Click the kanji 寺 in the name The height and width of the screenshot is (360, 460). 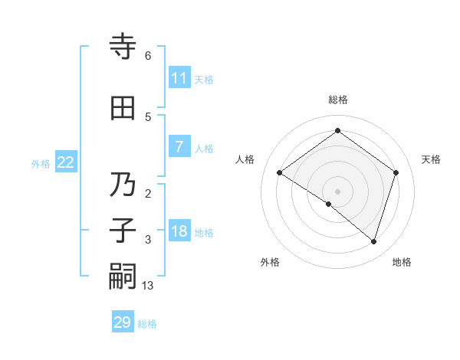123,47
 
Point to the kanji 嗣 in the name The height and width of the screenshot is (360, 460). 123,277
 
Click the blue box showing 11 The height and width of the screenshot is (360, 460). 179,78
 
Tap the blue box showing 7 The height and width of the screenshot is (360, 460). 179,148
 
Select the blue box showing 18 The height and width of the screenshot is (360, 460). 179,232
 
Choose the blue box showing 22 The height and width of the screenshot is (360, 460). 66,162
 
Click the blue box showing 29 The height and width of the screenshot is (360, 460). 123,322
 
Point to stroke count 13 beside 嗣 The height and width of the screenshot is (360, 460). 149,286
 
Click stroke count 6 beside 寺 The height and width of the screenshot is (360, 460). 148,56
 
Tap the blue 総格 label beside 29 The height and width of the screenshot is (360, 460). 147,324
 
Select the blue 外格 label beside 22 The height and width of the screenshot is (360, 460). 41,163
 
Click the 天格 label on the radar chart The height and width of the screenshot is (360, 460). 432,159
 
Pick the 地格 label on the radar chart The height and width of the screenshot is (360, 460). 402,262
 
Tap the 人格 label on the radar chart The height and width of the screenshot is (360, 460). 245,159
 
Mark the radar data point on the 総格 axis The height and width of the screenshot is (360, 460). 337,131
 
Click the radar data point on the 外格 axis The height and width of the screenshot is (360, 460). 329,204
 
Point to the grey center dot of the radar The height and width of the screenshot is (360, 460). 337,191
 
